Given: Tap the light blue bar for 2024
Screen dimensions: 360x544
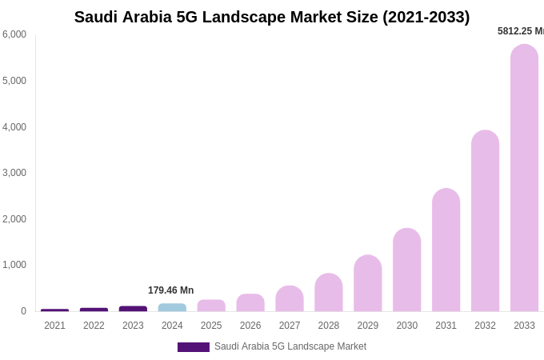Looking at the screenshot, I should click(x=172, y=307).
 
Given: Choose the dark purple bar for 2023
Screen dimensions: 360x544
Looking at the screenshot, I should click(x=133, y=309).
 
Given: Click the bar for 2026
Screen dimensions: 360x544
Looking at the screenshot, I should click(x=250, y=302).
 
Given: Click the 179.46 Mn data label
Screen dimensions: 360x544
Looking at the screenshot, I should click(x=170, y=290).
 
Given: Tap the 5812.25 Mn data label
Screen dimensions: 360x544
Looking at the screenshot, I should click(x=520, y=31).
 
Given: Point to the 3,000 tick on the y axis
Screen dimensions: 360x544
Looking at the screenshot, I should click(x=14, y=173).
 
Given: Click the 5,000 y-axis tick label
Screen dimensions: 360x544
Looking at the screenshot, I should click(x=14, y=81).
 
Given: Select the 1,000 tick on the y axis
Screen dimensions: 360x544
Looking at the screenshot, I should click(x=14, y=265).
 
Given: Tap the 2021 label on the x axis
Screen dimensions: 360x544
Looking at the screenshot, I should click(x=54, y=326).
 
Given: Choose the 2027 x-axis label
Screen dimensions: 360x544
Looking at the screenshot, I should click(x=290, y=326).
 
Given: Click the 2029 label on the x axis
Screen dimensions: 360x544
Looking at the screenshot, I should click(x=367, y=326).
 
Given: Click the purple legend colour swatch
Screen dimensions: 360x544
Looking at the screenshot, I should click(x=193, y=347).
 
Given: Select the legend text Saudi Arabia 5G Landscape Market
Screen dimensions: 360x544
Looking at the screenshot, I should click(x=290, y=346).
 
